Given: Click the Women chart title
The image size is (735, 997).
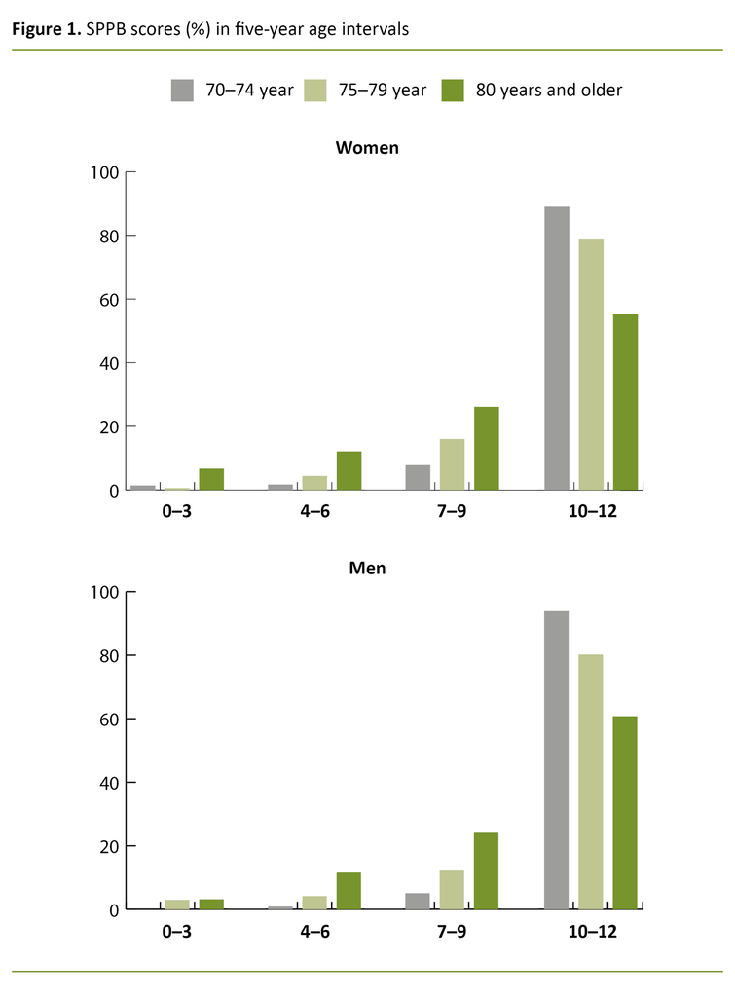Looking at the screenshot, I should click(x=367, y=148).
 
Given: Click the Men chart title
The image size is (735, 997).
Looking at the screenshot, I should click(x=367, y=568).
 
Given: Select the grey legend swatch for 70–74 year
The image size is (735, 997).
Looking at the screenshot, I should click(x=182, y=91).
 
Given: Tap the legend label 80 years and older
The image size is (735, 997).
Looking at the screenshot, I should click(x=548, y=91).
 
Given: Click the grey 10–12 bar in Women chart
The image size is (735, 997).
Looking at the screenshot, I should click(x=557, y=348).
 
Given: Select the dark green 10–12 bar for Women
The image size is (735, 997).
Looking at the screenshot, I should click(x=625, y=402).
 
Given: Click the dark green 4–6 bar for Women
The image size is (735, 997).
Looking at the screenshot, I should click(x=349, y=470).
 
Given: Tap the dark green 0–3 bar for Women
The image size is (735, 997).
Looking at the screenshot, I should click(x=212, y=479).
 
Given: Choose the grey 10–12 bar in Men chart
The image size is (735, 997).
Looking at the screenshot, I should click(x=557, y=759).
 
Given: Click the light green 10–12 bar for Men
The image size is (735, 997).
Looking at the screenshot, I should click(x=591, y=782).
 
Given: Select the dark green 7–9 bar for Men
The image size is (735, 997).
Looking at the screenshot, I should click(x=486, y=870).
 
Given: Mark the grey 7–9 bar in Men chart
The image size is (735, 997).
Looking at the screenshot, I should click(x=418, y=901).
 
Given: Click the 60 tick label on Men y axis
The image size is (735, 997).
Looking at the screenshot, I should click(x=107, y=719).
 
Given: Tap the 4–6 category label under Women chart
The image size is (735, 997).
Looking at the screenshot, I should click(x=315, y=512).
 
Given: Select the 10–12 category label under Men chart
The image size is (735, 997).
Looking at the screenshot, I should click(x=591, y=932).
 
